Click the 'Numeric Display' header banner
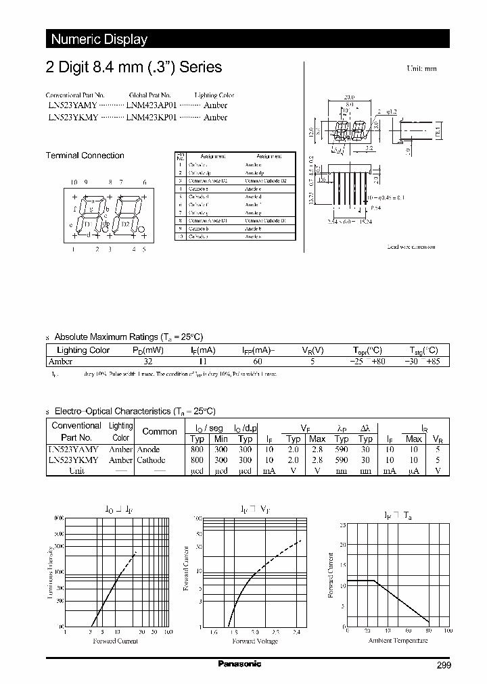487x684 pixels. [99, 39]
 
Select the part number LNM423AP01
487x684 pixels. [151, 105]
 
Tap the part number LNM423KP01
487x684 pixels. [151, 117]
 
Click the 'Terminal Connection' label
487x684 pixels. [85, 155]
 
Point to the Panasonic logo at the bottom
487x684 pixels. [239, 664]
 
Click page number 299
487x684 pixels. [444, 666]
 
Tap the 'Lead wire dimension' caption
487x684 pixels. [411, 247]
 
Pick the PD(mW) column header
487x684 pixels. [147, 350]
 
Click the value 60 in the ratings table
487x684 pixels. [257, 362]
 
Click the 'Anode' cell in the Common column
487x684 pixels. [148, 449]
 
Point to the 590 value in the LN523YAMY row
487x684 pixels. [342, 449]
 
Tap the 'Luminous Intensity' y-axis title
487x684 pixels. [49, 572]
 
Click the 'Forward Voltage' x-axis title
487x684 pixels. [254, 641]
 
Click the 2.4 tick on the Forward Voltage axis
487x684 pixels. [298, 633]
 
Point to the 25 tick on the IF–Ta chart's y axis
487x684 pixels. [343, 524]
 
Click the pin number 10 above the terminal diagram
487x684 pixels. [74, 182]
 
